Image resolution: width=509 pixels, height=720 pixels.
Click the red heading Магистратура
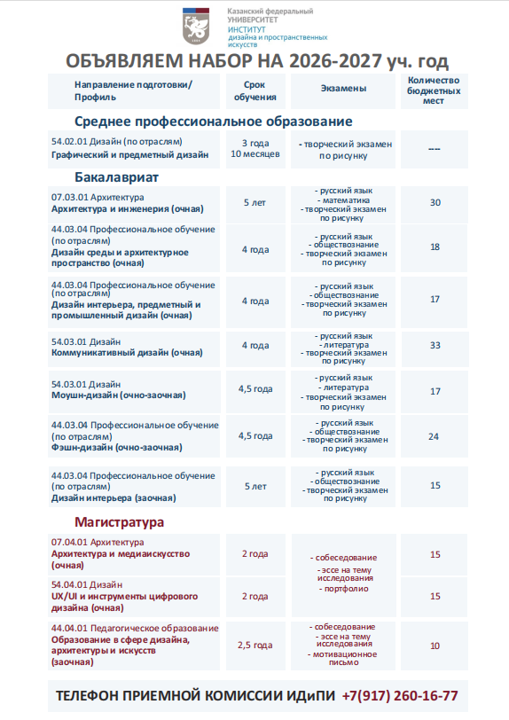point(119,522)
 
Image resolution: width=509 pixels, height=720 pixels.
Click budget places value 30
point(435,203)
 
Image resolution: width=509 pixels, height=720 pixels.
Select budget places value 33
point(435,345)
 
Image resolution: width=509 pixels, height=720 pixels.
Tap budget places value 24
point(434,436)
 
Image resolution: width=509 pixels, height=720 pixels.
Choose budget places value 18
point(435,247)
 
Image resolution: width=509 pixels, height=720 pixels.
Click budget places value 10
point(435,646)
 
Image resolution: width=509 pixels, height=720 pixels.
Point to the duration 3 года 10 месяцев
point(255,148)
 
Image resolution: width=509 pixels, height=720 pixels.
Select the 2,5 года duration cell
point(254,645)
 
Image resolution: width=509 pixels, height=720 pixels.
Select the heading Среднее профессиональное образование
point(213,121)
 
